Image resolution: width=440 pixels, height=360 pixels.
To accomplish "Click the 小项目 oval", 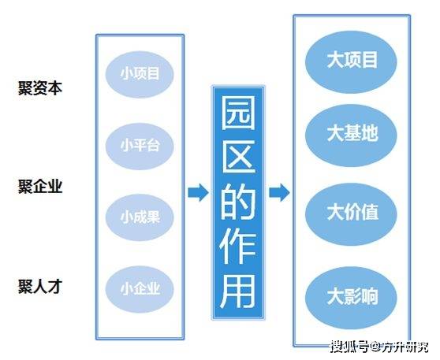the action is pos(140,74).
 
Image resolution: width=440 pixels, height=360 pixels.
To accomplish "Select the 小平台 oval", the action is pos(140,146).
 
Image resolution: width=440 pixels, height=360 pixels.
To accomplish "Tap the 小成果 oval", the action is pos(140,217).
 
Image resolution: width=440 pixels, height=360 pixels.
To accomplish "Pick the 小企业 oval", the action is pos(140,289).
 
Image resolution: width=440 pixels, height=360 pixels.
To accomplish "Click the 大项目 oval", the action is pos(351,61).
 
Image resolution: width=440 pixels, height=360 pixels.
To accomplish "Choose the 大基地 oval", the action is pos(351,135).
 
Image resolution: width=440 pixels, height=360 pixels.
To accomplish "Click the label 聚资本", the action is pos(40,88).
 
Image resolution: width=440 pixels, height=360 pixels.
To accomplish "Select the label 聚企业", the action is pos(40,187).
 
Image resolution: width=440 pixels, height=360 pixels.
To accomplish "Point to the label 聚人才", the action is pos(40,287).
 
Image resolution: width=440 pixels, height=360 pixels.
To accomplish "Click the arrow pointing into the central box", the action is pos(198,192).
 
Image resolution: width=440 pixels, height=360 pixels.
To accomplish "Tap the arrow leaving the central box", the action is pos(279,192).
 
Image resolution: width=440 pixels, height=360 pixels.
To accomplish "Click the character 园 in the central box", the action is pos(238,113).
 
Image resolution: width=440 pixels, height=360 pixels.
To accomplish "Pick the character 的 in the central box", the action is pos(238,202).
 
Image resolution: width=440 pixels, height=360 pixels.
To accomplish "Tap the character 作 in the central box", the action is pos(238,246).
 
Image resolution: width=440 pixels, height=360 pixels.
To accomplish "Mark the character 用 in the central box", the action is pos(238,291).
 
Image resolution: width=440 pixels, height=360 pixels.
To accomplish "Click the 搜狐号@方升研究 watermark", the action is pos(379,347).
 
